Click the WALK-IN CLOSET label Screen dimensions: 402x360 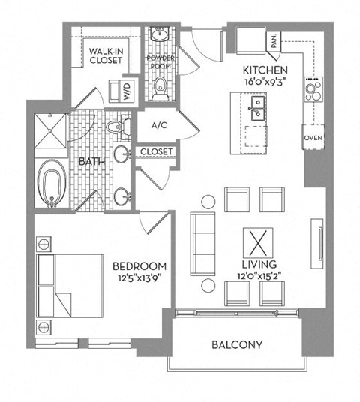(x=106, y=56)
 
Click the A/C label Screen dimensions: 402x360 (x=158, y=126)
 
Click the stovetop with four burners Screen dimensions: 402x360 (x=313, y=91)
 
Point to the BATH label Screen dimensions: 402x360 (x=91, y=160)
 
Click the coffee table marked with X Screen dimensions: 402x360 (x=256, y=243)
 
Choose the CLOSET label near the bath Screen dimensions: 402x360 (x=155, y=152)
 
